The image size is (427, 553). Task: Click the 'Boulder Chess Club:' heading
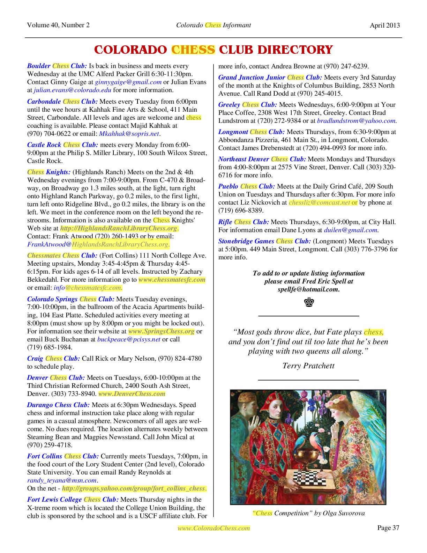(x=57, y=66)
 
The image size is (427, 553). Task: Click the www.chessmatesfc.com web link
(x=172, y=280)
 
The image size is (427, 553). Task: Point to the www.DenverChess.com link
(x=132, y=394)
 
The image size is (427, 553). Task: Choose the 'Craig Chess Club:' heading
(x=54, y=359)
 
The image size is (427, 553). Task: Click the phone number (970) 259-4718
(x=50, y=445)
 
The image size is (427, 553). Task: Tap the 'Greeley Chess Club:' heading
(x=248, y=105)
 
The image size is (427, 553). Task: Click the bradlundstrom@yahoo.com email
(x=356, y=121)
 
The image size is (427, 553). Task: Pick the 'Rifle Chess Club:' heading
(x=244, y=222)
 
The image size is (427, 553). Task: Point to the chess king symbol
(x=308, y=302)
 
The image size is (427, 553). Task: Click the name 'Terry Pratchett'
(x=308, y=366)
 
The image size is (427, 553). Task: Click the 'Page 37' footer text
(x=388, y=528)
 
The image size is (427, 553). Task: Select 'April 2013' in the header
(x=385, y=25)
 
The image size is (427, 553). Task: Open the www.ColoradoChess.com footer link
(x=214, y=528)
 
